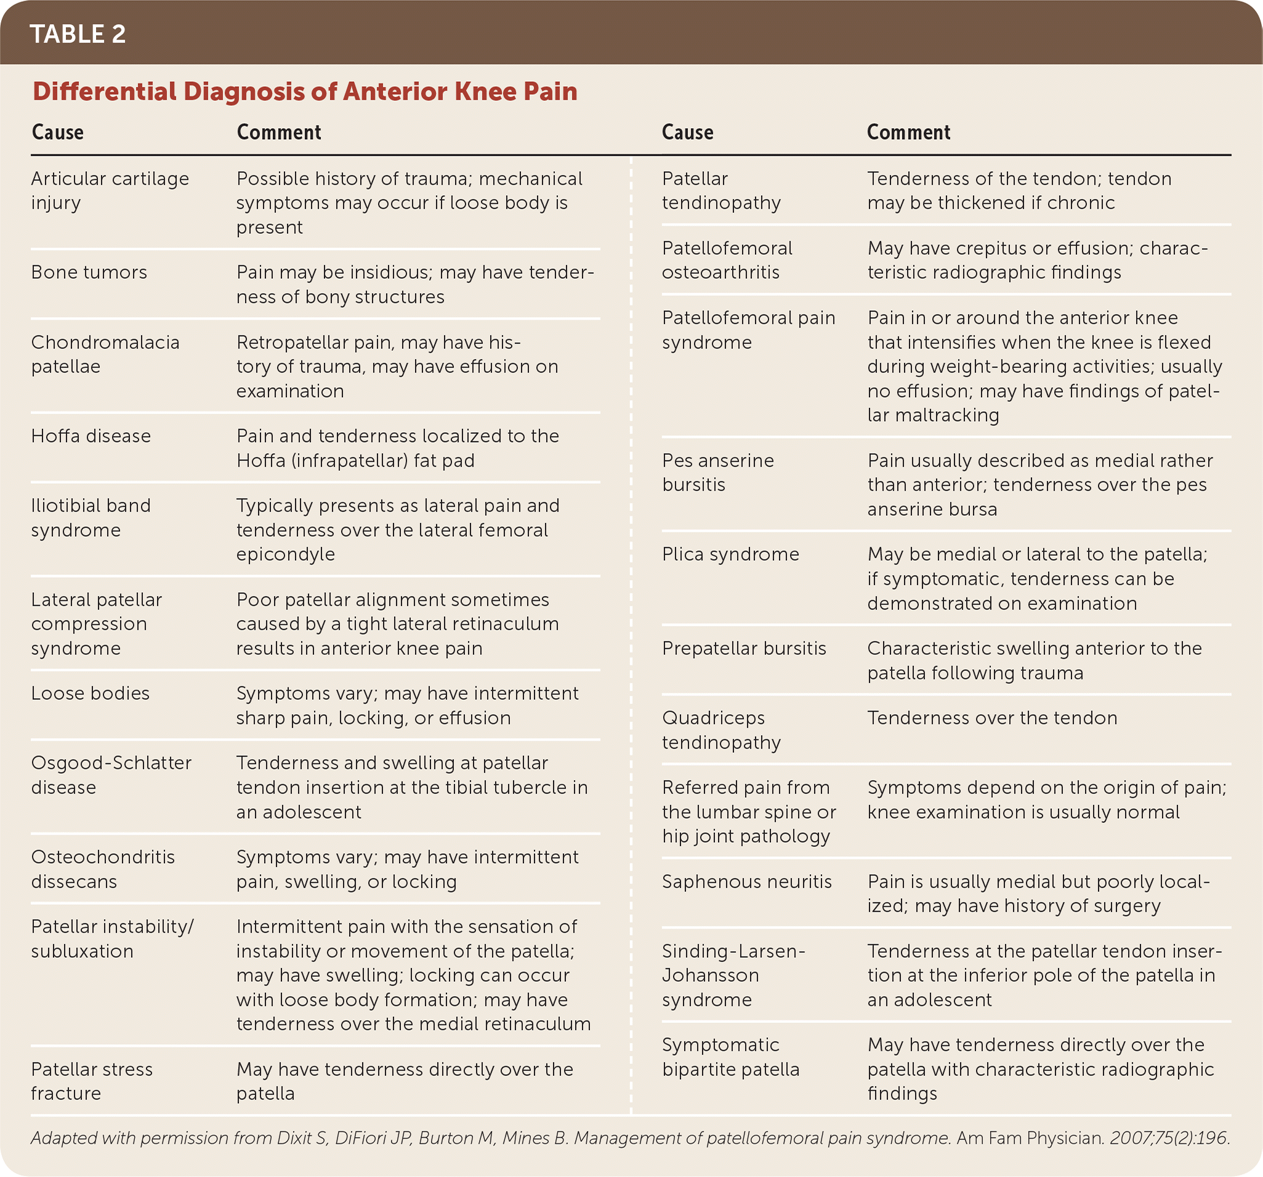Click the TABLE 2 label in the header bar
point(78,34)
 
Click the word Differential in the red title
point(105,92)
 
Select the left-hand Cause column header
point(57,132)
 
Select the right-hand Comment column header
point(908,132)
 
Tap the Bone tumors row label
point(89,273)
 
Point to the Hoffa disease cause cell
point(91,436)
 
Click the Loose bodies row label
point(90,694)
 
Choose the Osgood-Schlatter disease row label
point(111,775)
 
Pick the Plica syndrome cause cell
point(730,555)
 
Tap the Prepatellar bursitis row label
point(744,649)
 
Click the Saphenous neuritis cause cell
point(746,882)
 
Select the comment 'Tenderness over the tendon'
point(991,718)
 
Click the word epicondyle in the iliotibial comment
point(285,555)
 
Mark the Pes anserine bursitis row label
point(718,473)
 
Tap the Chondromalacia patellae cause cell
point(105,355)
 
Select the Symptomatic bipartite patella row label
point(730,1057)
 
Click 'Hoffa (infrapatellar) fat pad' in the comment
point(355,460)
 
